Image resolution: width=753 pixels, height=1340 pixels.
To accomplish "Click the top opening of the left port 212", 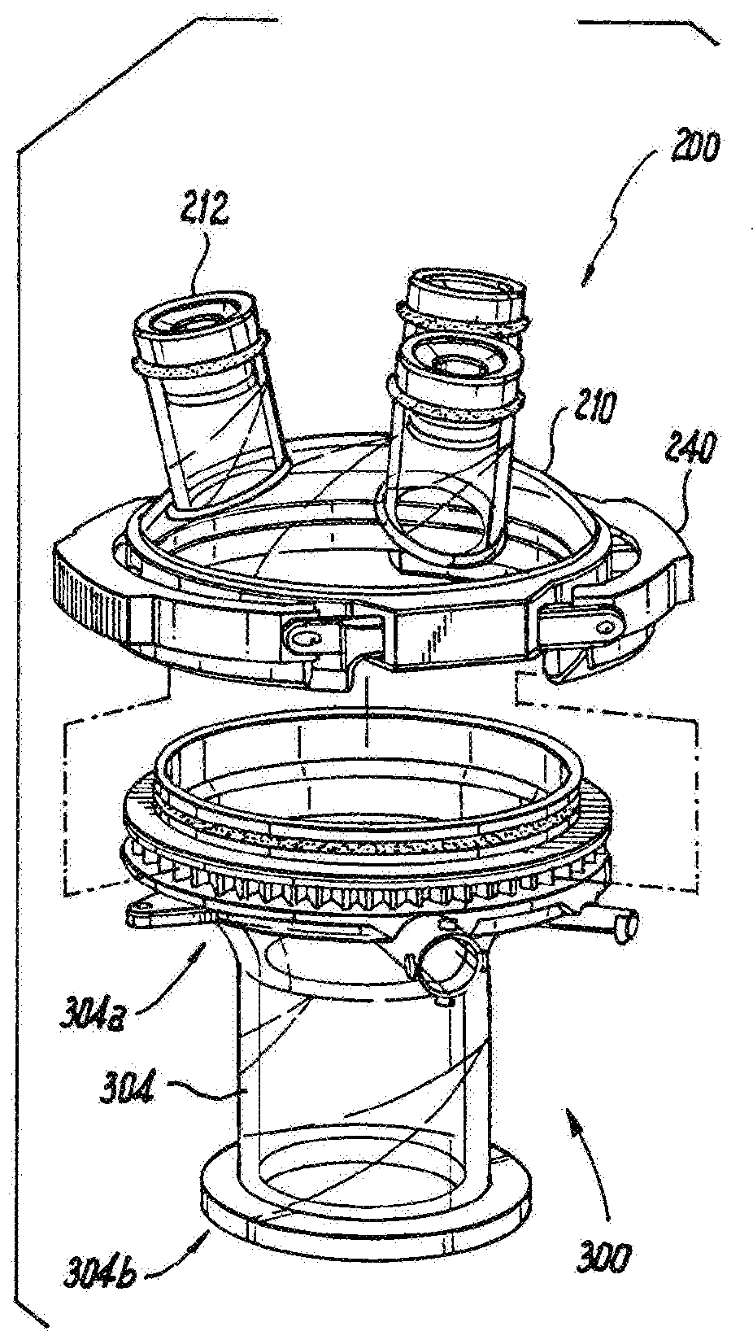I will [199, 320].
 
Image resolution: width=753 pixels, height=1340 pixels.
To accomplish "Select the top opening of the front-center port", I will [457, 360].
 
